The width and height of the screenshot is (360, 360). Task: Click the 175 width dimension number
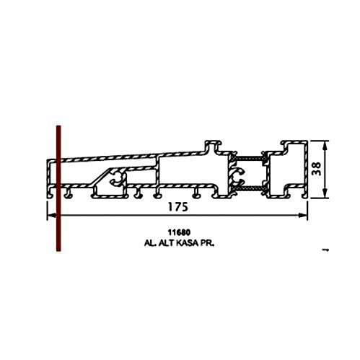tap(177, 207)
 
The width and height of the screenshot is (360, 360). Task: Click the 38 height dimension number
tap(316, 169)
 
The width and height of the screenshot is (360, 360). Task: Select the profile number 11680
tap(179, 232)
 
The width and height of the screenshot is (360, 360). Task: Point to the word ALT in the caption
tap(167, 243)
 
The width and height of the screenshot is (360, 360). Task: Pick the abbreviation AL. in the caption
tap(151, 243)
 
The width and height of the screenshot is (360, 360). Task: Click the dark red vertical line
tap(58, 188)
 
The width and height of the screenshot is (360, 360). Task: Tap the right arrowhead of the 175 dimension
tap(304, 215)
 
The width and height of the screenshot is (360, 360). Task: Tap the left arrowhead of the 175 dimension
tap(51, 215)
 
